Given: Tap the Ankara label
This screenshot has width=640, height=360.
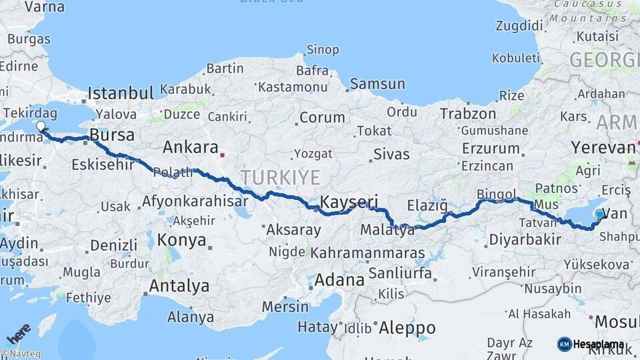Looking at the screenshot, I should click(191, 147).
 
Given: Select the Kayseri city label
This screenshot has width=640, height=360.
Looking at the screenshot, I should click(349, 201).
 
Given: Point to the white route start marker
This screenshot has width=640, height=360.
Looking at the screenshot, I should click(41, 126).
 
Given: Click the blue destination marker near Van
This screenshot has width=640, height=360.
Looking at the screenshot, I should click(600, 214).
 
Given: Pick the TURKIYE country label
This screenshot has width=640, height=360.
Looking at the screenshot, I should click(281, 177).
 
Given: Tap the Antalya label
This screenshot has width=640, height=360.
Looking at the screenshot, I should click(179, 286).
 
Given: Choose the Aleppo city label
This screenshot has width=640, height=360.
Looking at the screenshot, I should click(407, 327).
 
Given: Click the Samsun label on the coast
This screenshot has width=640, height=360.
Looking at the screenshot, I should click(377, 84).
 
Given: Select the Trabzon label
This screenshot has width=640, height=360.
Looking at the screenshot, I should click(468, 114).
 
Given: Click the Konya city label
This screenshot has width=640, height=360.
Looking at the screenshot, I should click(181, 240).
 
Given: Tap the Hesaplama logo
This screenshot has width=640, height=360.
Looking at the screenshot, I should click(591, 344).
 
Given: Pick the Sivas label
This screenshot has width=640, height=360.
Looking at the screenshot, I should click(391, 155).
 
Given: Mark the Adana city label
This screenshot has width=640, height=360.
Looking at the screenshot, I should click(339, 279).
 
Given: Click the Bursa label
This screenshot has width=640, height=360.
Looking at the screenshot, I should click(112, 135).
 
